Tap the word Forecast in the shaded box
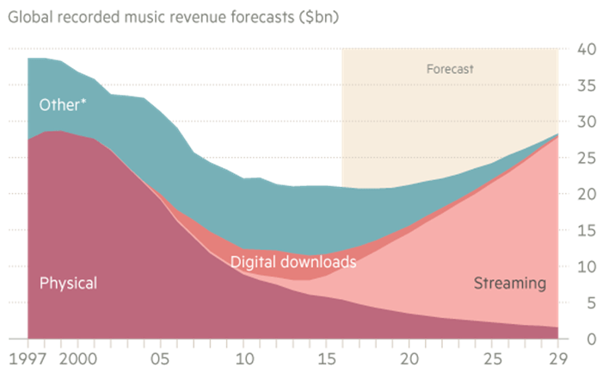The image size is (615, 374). pyautogui.click(x=450, y=68)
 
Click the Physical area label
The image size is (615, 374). pyautogui.click(x=68, y=283)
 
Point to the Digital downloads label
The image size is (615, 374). pyautogui.click(x=293, y=260)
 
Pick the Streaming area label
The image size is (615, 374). pyautogui.click(x=510, y=282)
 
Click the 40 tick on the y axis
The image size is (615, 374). pyautogui.click(x=587, y=49)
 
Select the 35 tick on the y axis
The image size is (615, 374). pyautogui.click(x=587, y=85)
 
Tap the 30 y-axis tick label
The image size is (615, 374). pyautogui.click(x=587, y=122)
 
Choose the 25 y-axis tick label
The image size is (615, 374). pyautogui.click(x=587, y=158)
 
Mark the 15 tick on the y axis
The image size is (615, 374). pyautogui.click(x=587, y=230)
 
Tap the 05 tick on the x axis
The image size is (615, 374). pyautogui.click(x=160, y=357)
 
